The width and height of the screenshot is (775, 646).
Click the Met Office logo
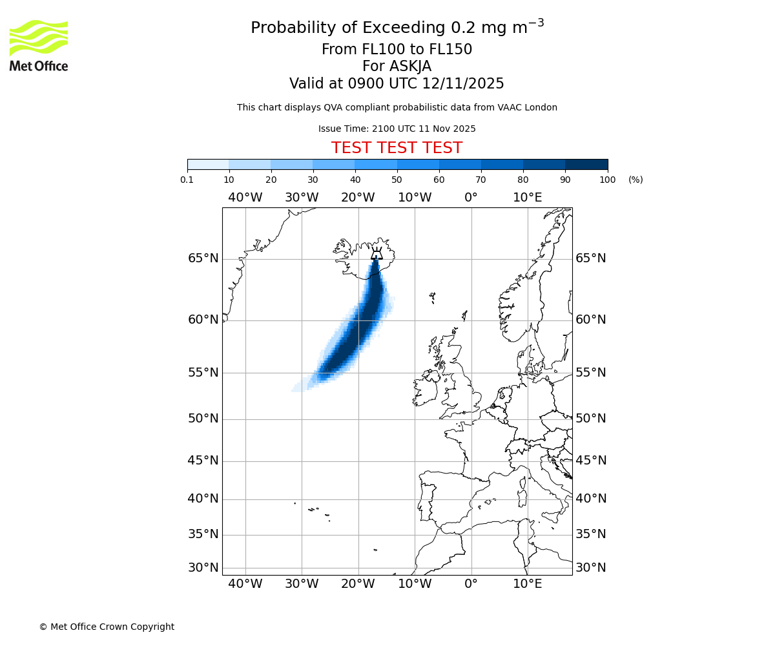pos(39,45)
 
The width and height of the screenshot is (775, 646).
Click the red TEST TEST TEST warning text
pos(397,149)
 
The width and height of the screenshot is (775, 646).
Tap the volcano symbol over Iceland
pos(377,254)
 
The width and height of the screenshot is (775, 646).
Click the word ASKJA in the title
pos(410,67)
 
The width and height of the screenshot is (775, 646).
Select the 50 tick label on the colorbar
pos(397,180)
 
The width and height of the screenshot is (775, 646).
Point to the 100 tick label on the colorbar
pos(607,180)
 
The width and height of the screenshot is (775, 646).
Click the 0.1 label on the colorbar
pos(187,180)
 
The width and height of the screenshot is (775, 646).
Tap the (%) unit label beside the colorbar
pos(635,180)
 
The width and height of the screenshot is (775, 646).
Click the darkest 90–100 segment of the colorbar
pos(586,164)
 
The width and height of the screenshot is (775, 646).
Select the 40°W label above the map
pos(245,198)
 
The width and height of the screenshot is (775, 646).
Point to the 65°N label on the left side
pos(203,258)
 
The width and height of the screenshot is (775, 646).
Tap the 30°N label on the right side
pos(591,568)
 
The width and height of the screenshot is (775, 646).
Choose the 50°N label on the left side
pos(203,419)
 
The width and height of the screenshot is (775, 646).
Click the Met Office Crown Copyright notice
pos(107,627)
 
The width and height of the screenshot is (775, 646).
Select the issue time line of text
pos(397,129)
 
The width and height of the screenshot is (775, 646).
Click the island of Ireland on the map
pos(426,391)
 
